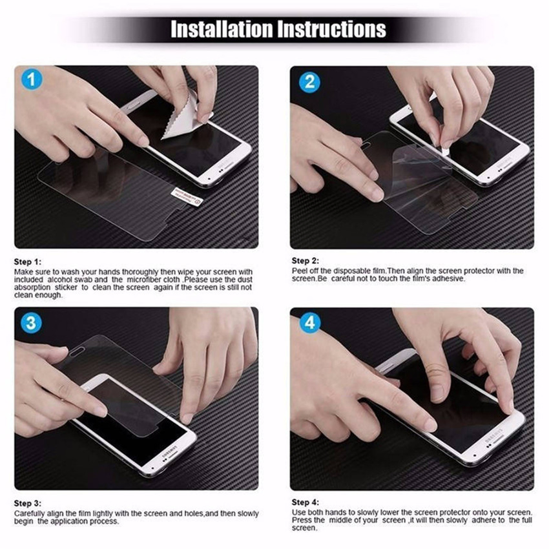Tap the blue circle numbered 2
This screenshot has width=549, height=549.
(x=310, y=81)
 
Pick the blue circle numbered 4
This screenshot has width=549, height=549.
(x=310, y=322)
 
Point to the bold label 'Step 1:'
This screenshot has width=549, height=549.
(x=28, y=262)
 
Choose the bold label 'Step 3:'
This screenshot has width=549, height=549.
(x=28, y=502)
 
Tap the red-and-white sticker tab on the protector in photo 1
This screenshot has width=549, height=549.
(x=187, y=196)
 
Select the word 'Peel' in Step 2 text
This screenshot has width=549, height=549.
(x=299, y=271)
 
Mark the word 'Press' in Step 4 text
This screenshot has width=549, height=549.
(x=301, y=519)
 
